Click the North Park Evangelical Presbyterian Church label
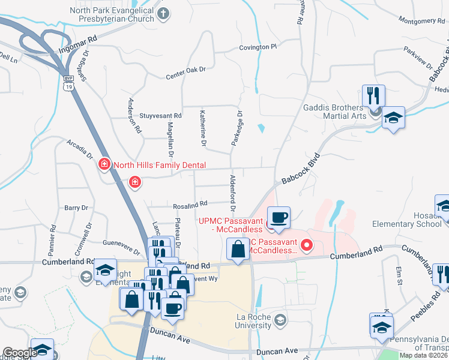pos(112,15)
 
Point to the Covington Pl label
pos(258,46)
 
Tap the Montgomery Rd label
pos(421,21)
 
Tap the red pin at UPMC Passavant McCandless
pos(307,245)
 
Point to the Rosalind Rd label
pos(190,205)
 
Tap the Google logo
pos(20,353)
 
